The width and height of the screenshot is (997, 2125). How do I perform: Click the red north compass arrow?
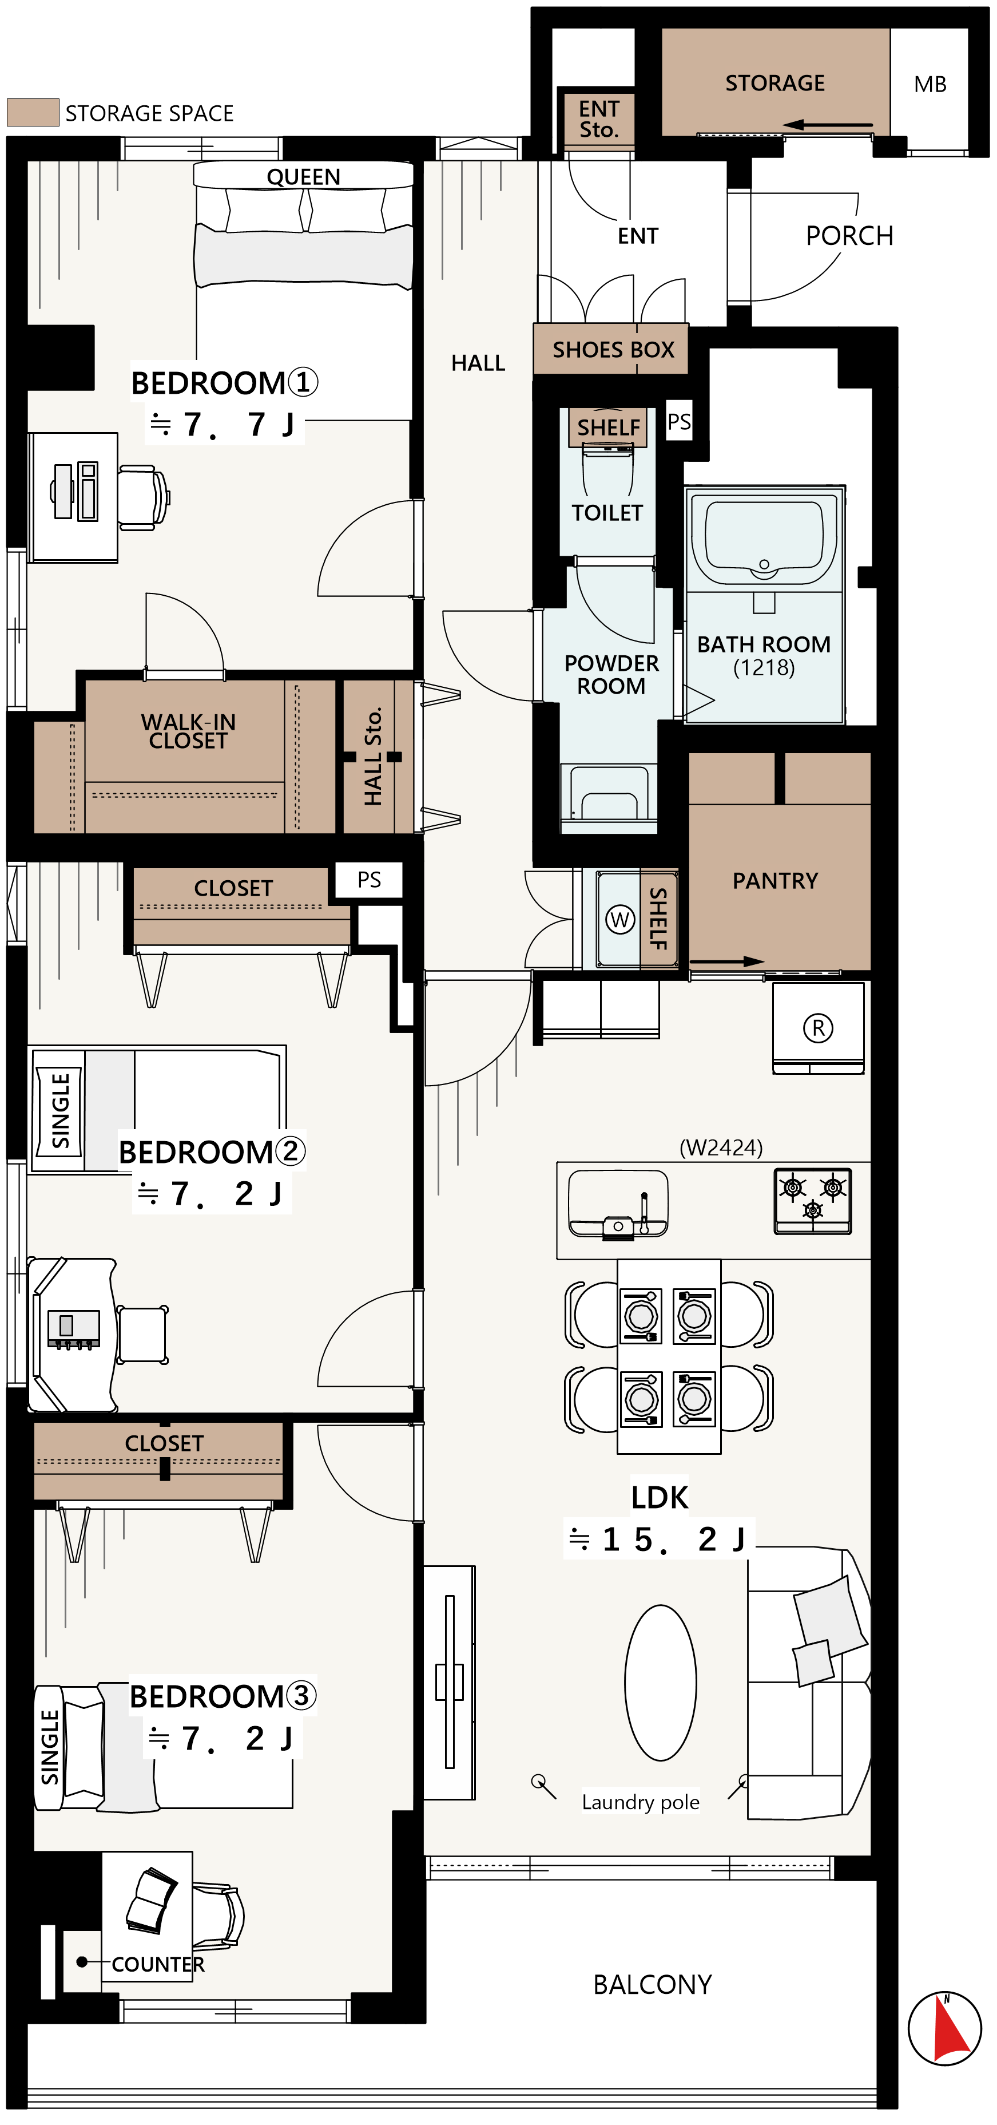[x=952, y=2029]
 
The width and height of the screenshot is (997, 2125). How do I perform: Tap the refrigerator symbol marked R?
[x=818, y=1028]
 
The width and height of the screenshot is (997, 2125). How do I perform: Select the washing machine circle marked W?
[x=620, y=919]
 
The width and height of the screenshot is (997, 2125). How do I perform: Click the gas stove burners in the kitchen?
[x=812, y=1200]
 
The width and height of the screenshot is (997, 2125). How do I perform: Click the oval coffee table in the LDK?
[x=661, y=1682]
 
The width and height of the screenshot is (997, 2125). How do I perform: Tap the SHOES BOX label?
[x=614, y=350]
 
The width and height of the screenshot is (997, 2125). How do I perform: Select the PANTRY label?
[x=775, y=881]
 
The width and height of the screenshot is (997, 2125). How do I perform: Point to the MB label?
[x=930, y=84]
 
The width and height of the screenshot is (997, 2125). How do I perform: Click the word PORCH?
[x=849, y=236]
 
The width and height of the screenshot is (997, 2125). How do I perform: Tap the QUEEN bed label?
[x=303, y=176]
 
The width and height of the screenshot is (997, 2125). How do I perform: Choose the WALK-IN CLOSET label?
[x=188, y=731]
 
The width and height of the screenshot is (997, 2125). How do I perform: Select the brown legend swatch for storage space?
[x=33, y=112]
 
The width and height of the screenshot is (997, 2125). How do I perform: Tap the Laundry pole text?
[x=641, y=1802]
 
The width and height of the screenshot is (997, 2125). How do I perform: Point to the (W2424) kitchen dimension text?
[x=721, y=1147]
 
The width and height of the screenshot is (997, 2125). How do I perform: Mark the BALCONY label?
[x=652, y=1984]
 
